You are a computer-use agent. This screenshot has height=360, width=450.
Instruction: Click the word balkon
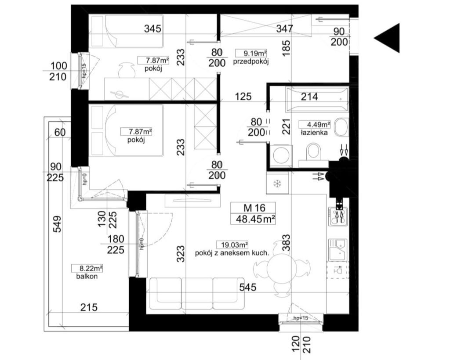pos(86,277)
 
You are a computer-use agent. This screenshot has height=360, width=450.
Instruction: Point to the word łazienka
pos(314,132)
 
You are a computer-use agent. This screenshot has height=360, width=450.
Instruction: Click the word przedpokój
pos(251,62)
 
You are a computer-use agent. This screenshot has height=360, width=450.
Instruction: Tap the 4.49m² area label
pos(314,124)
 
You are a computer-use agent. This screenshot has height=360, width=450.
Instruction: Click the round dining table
pos(282,266)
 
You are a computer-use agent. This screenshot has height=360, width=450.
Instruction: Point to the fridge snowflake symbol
pos(277,184)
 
